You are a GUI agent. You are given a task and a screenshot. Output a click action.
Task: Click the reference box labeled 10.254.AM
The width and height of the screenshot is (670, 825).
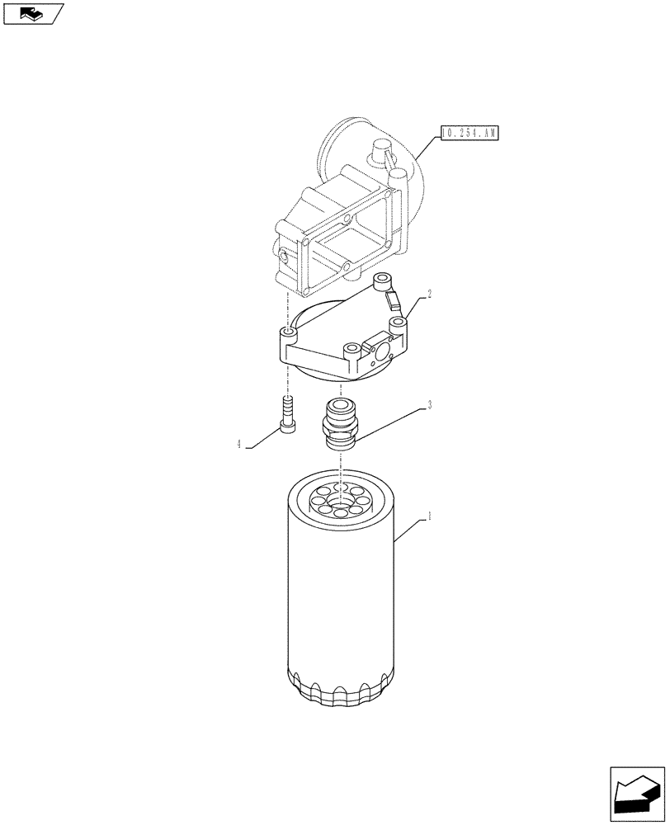click(469, 132)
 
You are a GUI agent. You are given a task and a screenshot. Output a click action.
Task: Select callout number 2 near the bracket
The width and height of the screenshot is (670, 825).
click(429, 294)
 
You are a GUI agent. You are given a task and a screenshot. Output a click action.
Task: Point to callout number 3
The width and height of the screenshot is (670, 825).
click(429, 405)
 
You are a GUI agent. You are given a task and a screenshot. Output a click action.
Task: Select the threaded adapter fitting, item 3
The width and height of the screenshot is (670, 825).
click(339, 423)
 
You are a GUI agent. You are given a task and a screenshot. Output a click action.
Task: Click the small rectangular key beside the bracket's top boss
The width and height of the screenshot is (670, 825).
click(391, 302)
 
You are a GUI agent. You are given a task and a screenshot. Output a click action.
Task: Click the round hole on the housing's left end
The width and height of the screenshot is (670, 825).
click(284, 258)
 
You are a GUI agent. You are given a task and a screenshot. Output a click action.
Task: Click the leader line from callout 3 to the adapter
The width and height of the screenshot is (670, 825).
click(388, 421)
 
